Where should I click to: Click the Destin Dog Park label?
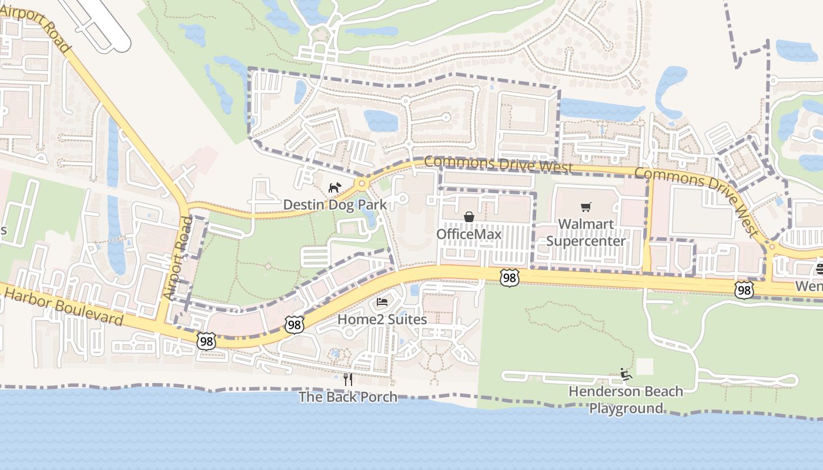tap(334, 204)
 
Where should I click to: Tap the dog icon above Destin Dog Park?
tap(334, 188)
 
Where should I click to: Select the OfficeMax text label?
tap(469, 234)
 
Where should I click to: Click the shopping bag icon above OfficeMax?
tap(469, 217)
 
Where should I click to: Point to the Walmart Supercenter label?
tap(586, 233)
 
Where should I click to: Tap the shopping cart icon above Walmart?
tap(586, 207)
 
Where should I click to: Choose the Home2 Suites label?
tap(382, 320)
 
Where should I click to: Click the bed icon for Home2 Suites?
tap(382, 303)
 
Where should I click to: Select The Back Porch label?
tap(348, 397)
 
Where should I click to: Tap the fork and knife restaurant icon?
tap(348, 380)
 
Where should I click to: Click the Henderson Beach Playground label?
tap(625, 399)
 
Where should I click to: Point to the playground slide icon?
tap(625, 374)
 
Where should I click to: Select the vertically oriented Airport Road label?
tap(179, 258)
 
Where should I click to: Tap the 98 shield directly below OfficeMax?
tap(509, 278)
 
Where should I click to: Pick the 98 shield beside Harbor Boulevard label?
tap(206, 341)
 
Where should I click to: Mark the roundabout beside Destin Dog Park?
tap(362, 184)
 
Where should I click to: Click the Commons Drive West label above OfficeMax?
tap(497, 164)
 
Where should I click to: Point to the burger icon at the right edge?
tap(819, 270)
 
